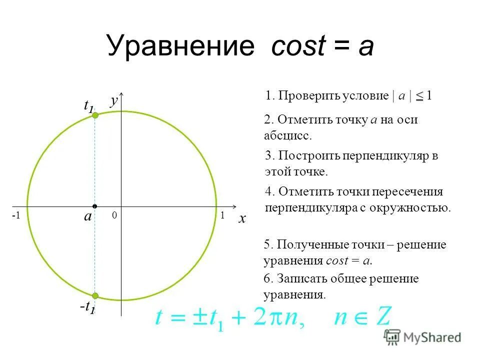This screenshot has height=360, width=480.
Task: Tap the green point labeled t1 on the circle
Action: point(95,115)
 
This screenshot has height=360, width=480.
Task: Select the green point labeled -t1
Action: point(95,295)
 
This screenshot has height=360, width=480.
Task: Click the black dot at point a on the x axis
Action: point(94,206)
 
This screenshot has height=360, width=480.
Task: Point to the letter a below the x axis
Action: point(88,217)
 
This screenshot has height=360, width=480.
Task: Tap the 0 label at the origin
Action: point(114,215)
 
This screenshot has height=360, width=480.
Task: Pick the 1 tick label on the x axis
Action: point(222,215)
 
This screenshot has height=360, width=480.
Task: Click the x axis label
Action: point(242,219)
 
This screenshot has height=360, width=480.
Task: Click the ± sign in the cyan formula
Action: point(199,317)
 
